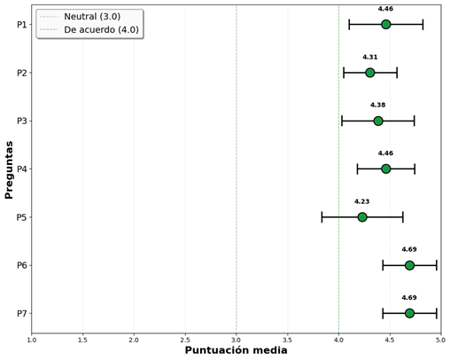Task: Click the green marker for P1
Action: [385, 24]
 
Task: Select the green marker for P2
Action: [370, 73]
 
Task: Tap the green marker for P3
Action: [377, 121]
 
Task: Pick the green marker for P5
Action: [362, 217]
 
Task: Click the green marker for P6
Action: [409, 265]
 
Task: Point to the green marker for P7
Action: [409, 313]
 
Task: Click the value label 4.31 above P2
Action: [370, 58]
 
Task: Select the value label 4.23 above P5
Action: [362, 202]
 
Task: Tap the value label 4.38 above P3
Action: [377, 106]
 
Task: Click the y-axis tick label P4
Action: [21, 169]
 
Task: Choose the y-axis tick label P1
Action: [21, 25]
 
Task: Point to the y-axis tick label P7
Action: [21, 314]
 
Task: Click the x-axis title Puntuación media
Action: [236, 351]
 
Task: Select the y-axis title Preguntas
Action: [9, 168]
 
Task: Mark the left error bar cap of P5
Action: [322, 217]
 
